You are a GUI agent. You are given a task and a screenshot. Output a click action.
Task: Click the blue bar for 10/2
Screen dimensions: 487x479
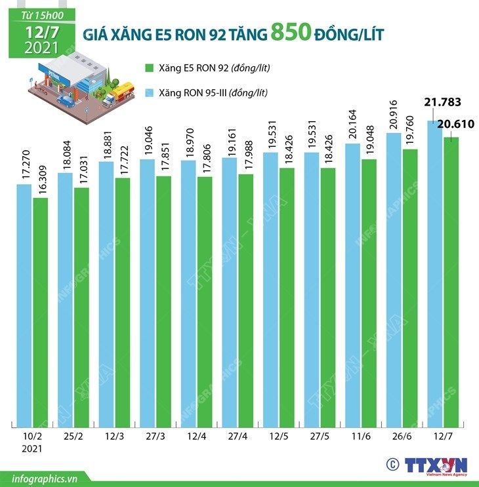[x=24, y=305]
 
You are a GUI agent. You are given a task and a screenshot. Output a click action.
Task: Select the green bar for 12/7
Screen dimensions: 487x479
[x=451, y=282]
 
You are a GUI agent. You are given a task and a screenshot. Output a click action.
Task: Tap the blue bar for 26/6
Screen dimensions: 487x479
[x=394, y=279]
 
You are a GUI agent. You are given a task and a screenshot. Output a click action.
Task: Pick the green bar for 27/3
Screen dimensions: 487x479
[x=163, y=302]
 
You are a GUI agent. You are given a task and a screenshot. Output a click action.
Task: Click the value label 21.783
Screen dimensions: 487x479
[x=444, y=102]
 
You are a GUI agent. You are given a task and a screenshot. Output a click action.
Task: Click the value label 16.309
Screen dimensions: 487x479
[x=41, y=178]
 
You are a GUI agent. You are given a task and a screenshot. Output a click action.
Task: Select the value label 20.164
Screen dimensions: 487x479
[x=353, y=123]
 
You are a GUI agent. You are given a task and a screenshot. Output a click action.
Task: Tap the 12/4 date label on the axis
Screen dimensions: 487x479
[x=196, y=436]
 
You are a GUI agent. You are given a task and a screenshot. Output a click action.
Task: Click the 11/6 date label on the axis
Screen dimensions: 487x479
[x=360, y=436]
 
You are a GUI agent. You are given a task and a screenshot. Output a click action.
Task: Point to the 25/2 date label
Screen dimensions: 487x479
[x=73, y=436]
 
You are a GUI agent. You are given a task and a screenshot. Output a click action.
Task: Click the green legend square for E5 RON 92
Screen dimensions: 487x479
[x=148, y=68]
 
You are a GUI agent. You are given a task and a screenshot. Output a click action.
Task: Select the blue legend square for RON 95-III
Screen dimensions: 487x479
[x=148, y=92]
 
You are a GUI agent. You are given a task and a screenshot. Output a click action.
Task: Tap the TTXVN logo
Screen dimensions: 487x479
[x=436, y=466]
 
